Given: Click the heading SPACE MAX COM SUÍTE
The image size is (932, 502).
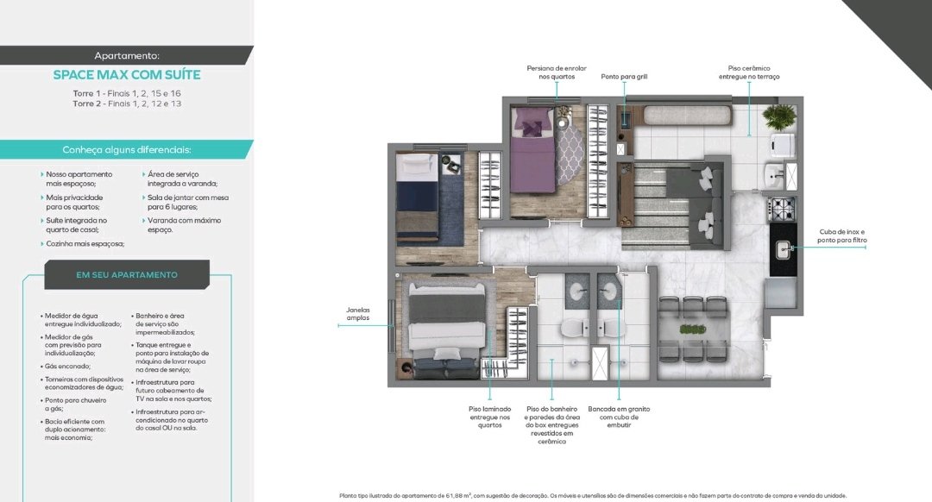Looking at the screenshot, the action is [x=127, y=75].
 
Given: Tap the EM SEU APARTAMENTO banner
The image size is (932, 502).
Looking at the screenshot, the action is [x=127, y=274].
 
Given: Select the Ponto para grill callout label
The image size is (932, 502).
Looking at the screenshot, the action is [x=624, y=77].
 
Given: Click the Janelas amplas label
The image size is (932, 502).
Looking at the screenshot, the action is [x=358, y=314].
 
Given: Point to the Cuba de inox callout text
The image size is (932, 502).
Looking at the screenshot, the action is [x=841, y=235].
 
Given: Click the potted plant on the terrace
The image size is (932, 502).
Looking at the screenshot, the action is [x=778, y=117].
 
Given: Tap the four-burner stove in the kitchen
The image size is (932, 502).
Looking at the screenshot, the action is [x=782, y=209].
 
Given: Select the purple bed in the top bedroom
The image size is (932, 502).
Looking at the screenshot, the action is [x=533, y=150].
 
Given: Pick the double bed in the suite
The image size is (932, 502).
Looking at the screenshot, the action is [x=446, y=329].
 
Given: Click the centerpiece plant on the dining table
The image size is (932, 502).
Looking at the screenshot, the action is [x=692, y=329].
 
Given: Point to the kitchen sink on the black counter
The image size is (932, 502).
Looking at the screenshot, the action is [x=784, y=249].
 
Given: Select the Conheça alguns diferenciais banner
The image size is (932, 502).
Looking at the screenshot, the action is [x=127, y=150].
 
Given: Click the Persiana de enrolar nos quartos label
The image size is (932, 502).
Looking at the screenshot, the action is [x=557, y=72].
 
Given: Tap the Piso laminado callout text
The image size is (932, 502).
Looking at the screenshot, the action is [x=490, y=417].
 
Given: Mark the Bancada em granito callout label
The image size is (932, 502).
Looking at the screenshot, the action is [x=619, y=417].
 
